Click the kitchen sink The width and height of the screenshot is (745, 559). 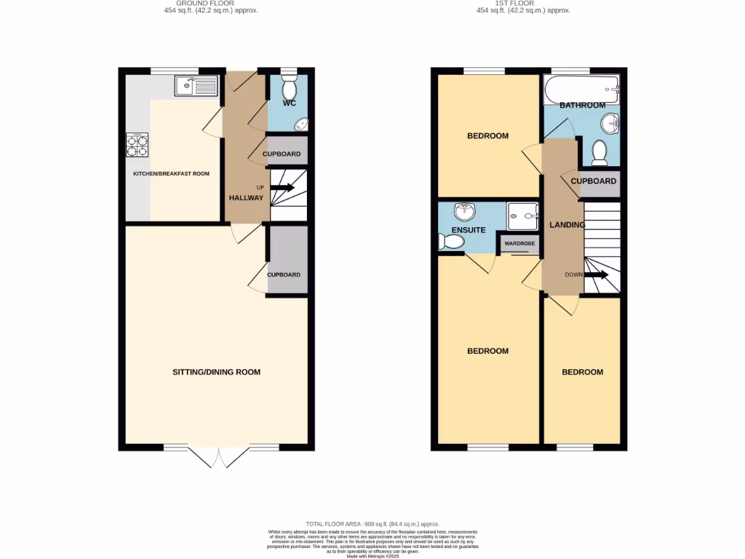pyautogui.click(x=196, y=86)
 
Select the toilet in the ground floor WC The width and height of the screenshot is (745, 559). pyautogui.click(x=289, y=88)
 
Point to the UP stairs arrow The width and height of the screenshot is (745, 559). pyautogui.click(x=284, y=188)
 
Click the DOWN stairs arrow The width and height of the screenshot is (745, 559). pyautogui.click(x=597, y=275)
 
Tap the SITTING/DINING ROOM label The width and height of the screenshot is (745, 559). pyautogui.click(x=216, y=372)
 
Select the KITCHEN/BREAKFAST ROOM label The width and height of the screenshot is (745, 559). pyautogui.click(x=171, y=174)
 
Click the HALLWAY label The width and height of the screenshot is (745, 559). pyautogui.click(x=246, y=198)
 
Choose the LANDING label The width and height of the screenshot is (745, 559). pyautogui.click(x=567, y=225)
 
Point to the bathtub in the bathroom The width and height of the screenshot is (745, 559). pyautogui.click(x=581, y=90)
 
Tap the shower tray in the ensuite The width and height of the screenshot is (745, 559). pyautogui.click(x=522, y=212)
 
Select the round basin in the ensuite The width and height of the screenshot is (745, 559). pyautogui.click(x=463, y=213)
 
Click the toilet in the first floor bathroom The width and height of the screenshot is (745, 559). pyautogui.click(x=599, y=152)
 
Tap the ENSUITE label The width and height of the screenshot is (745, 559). pyautogui.click(x=468, y=230)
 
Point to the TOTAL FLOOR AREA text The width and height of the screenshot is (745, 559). pyautogui.click(x=372, y=524)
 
